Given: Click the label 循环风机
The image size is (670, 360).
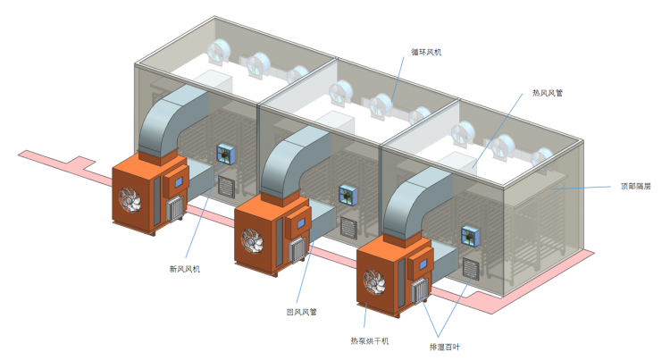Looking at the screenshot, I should click(x=427, y=53).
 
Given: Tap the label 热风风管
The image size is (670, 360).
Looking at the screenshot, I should click(x=547, y=92).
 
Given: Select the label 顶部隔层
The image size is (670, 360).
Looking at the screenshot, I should click(x=635, y=187).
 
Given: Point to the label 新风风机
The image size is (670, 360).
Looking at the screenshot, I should click(x=184, y=269).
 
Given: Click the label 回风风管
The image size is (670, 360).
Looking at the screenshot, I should click(x=301, y=312).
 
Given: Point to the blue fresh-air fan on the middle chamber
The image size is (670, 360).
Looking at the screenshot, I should click(x=346, y=194).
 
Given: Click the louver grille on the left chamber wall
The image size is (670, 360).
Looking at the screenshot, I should click(x=226, y=186).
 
